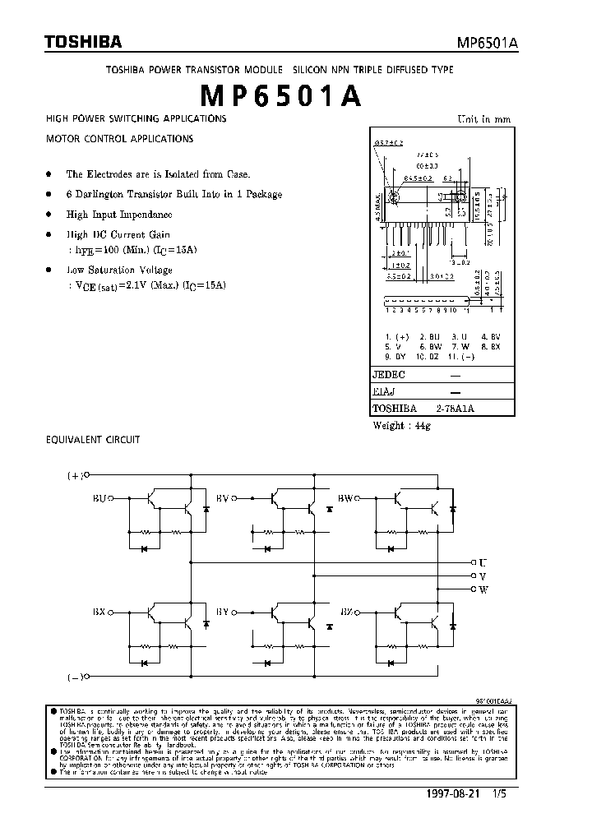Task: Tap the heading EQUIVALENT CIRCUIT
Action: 92,440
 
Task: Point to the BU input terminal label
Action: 99,497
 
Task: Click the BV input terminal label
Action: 222,497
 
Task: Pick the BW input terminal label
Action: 346,497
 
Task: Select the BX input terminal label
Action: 99,612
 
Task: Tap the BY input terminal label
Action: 222,612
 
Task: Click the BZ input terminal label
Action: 346,612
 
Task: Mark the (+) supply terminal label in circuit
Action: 74,475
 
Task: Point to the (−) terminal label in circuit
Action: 74,677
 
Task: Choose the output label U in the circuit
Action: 483,563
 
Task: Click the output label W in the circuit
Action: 483,589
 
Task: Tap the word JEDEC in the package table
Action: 389,374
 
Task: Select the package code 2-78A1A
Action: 456,409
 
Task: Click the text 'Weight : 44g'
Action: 401,425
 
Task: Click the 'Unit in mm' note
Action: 483,119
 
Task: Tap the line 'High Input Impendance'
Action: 119,215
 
